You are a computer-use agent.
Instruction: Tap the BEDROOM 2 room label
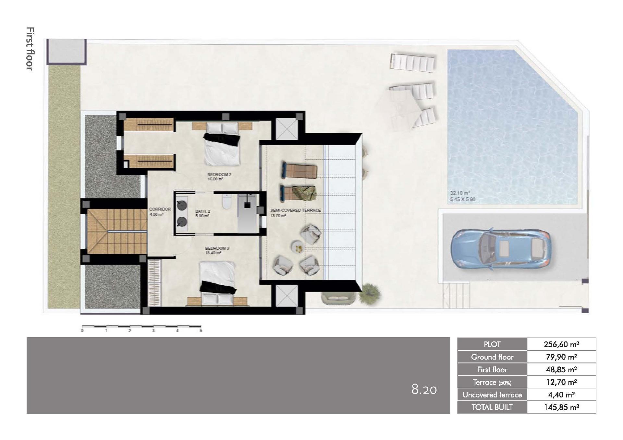click(219, 175)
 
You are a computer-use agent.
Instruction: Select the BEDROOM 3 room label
click(217, 248)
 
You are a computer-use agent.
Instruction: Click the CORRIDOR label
click(160, 209)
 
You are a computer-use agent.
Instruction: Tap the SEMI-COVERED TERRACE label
click(295, 210)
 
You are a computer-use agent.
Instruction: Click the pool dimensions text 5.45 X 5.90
click(463, 199)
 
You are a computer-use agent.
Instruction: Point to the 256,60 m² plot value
click(561, 344)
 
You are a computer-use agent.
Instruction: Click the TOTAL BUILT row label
click(492, 407)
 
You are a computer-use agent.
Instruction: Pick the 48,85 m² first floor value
click(561, 370)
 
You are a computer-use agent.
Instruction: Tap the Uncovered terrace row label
click(492, 395)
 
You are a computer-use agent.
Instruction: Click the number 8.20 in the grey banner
click(424, 389)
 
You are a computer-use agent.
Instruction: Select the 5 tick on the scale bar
click(201, 331)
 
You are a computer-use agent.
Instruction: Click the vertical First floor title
click(30, 49)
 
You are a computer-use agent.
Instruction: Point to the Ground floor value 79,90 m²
click(561, 357)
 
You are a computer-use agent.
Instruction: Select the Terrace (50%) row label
click(492, 382)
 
